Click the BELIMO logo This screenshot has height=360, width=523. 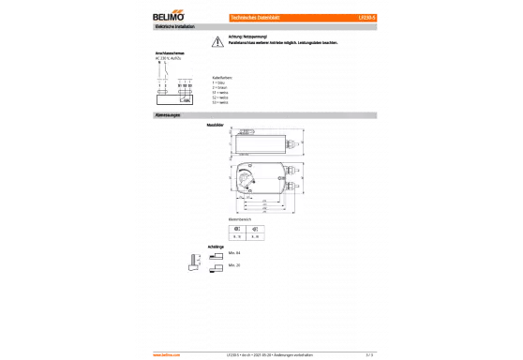pos(169,17)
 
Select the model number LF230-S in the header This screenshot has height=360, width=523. pos(368,17)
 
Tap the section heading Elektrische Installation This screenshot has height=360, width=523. pos(177,28)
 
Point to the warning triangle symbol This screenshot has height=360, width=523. pos(217,43)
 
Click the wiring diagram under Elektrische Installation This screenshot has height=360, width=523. pos(173,81)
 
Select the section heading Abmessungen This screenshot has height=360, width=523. pos(168,115)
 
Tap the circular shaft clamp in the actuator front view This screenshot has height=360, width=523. pos(246,177)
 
